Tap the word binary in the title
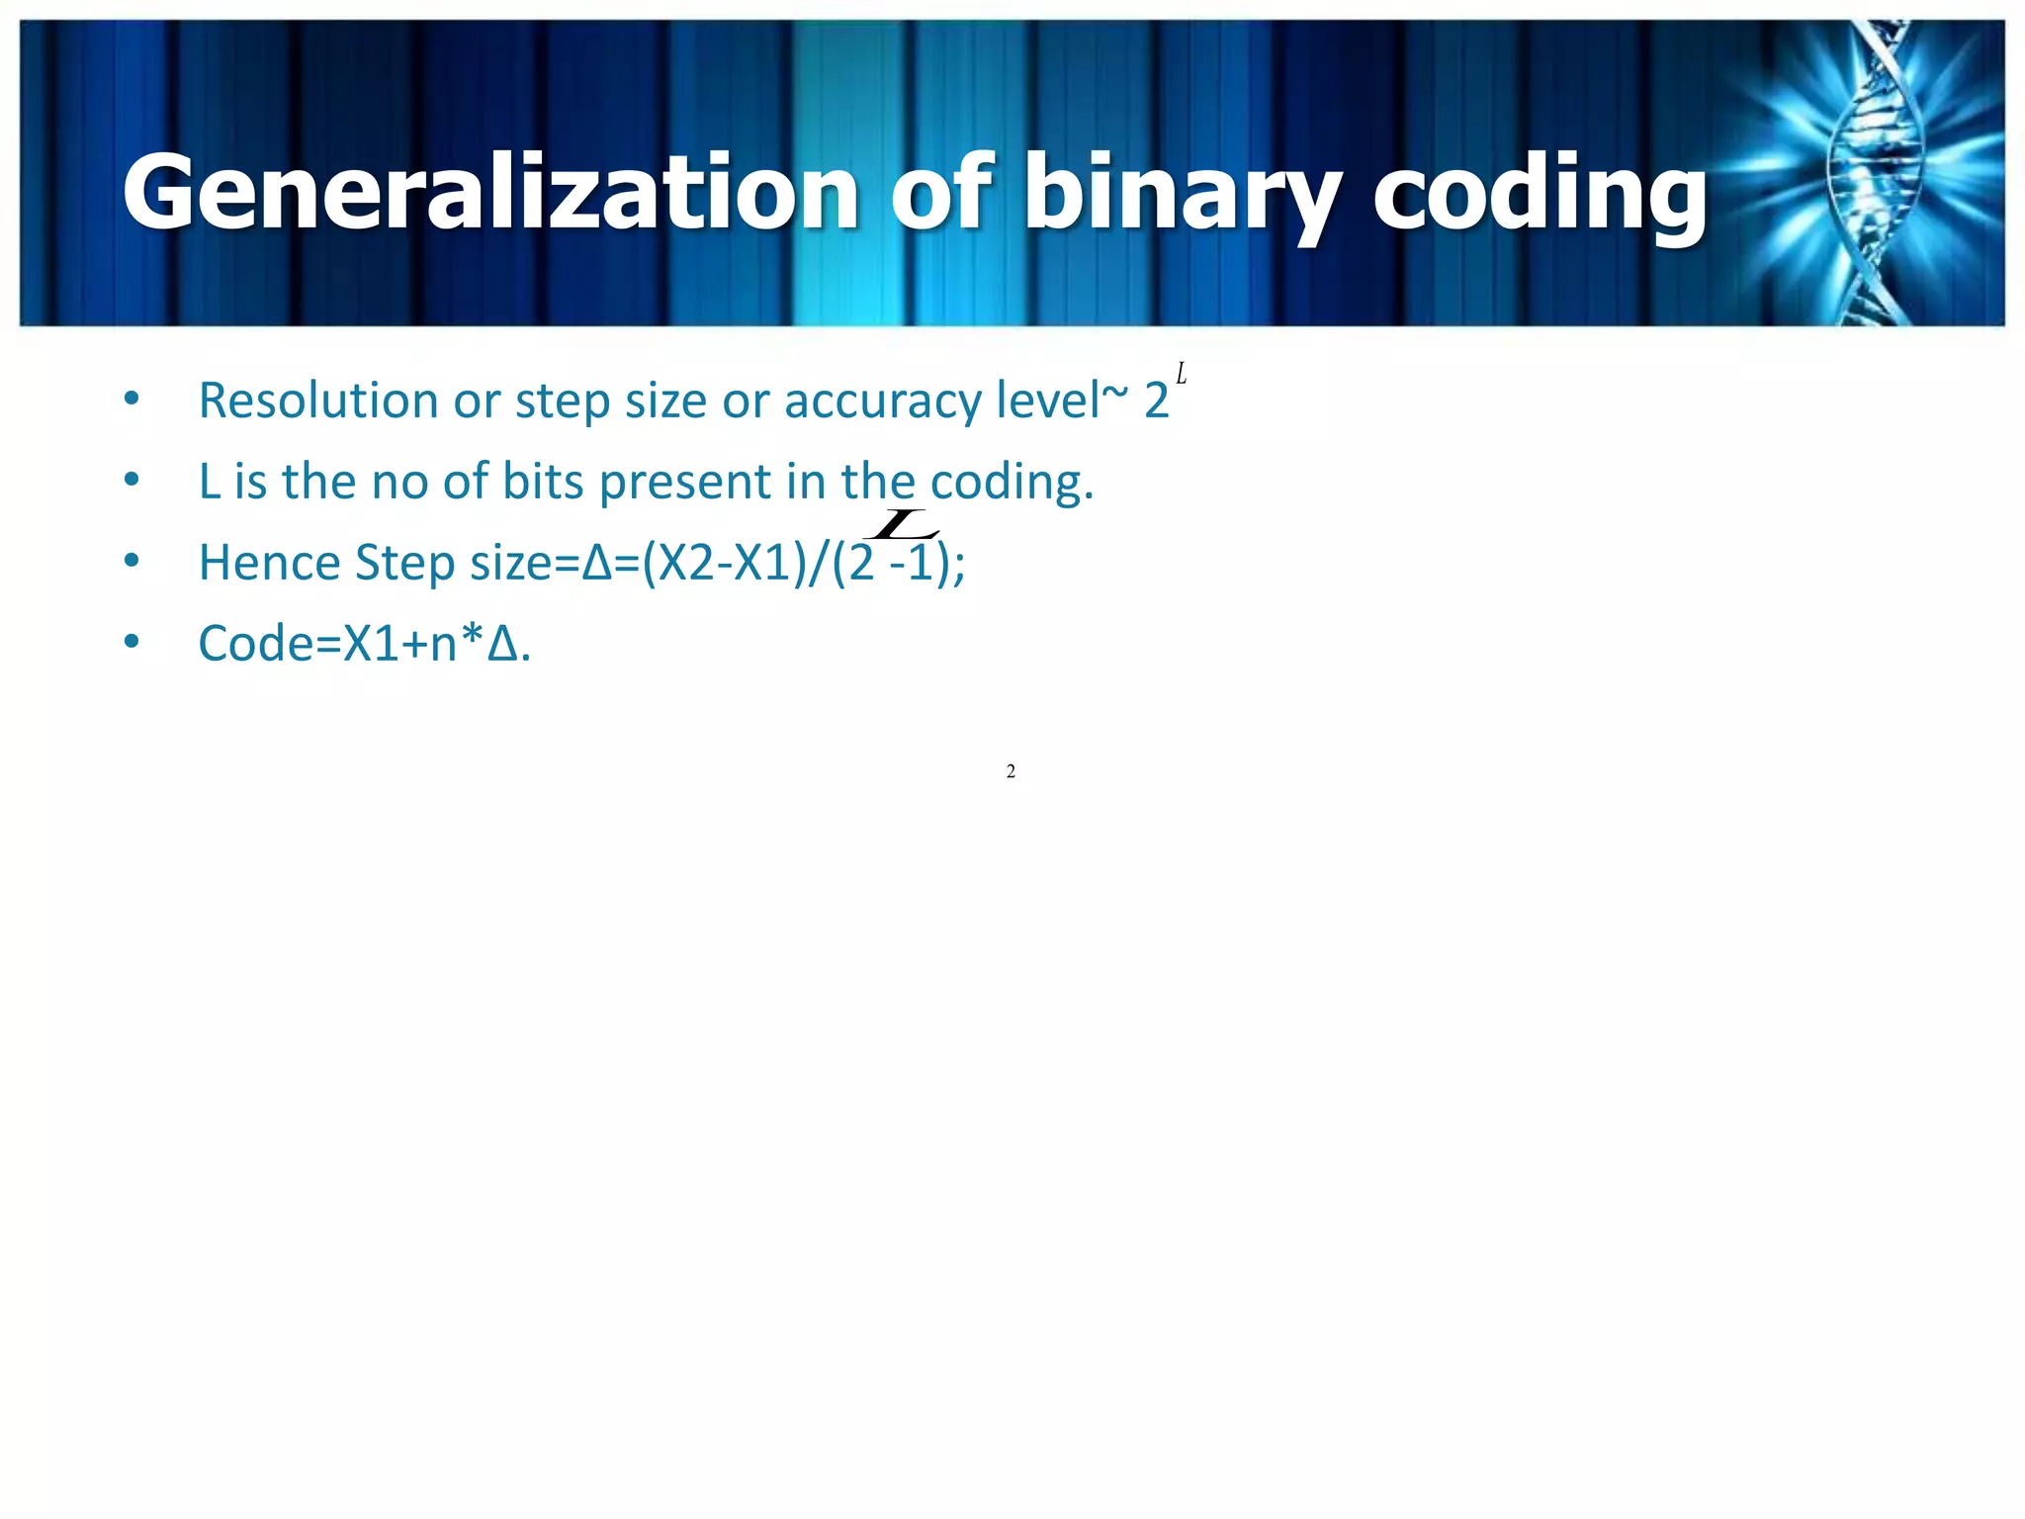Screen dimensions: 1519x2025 [x=1182, y=196]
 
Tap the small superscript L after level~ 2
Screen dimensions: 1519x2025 [x=1181, y=375]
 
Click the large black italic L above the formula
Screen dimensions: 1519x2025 [x=902, y=524]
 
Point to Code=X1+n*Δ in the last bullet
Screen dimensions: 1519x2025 [x=364, y=644]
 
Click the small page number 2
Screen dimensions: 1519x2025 [x=1011, y=771]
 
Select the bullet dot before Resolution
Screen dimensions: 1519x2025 [x=132, y=400]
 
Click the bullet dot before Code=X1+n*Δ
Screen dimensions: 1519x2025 [x=132, y=643]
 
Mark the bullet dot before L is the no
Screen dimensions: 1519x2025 [x=132, y=481]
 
